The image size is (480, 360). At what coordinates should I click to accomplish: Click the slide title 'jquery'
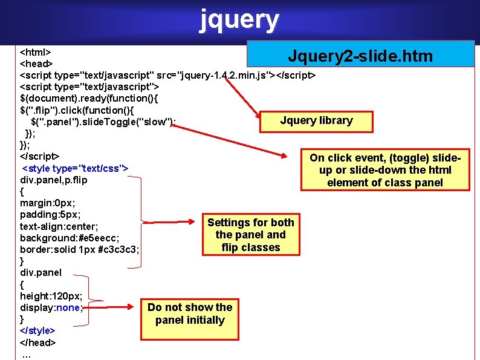239,20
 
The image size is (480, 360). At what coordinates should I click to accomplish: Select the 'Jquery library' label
316,120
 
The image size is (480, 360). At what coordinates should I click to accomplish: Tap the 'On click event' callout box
385,170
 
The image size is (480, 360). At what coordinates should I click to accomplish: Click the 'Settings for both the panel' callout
250,235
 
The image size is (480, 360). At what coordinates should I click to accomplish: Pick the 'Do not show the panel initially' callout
190,313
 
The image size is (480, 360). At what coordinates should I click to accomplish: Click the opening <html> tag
36,51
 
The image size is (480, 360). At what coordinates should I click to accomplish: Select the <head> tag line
37,63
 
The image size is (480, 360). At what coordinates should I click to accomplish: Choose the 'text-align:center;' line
59,226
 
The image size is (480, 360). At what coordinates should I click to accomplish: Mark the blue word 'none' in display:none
69,307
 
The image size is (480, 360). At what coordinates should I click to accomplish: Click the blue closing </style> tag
37,330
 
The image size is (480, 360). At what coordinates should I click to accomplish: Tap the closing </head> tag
38,342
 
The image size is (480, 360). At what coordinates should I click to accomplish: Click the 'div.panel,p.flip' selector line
54,180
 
